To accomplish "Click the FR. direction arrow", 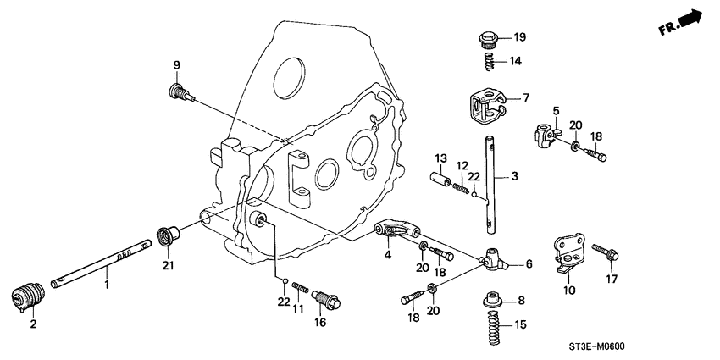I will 690,19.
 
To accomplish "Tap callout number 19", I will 518,37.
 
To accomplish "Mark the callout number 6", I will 529,264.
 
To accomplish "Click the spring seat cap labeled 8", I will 490,300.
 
